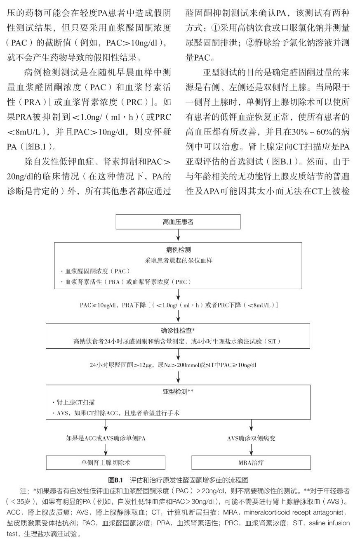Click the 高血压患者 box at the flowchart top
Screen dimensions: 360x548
pyautogui.click(x=178, y=222)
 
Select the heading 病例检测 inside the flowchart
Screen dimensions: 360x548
pyautogui.click(x=178, y=250)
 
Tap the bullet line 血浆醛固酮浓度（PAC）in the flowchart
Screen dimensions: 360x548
pyautogui.click(x=96, y=271)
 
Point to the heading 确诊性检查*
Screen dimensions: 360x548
pyautogui.click(x=178, y=330)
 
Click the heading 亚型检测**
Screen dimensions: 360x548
pyautogui.click(x=178, y=392)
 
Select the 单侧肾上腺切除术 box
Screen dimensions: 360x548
pyautogui.click(x=106, y=462)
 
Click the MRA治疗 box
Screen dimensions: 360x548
pyautogui.click(x=251, y=462)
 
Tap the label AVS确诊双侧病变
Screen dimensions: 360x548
pyautogui.click(x=251, y=438)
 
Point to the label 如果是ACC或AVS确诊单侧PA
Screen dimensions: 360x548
pyautogui.click(x=106, y=438)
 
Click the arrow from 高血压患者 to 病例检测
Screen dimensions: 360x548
pyautogui.click(x=178, y=235)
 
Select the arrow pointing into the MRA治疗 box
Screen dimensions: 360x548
pyautogui.click(x=251, y=449)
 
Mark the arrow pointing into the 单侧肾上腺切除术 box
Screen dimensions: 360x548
pyautogui.click(x=106, y=449)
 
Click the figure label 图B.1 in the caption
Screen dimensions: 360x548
pyautogui.click(x=115, y=480)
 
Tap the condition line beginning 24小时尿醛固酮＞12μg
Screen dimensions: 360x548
pyautogui.click(x=173, y=365)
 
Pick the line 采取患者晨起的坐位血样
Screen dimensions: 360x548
pyautogui.click(x=178, y=260)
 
